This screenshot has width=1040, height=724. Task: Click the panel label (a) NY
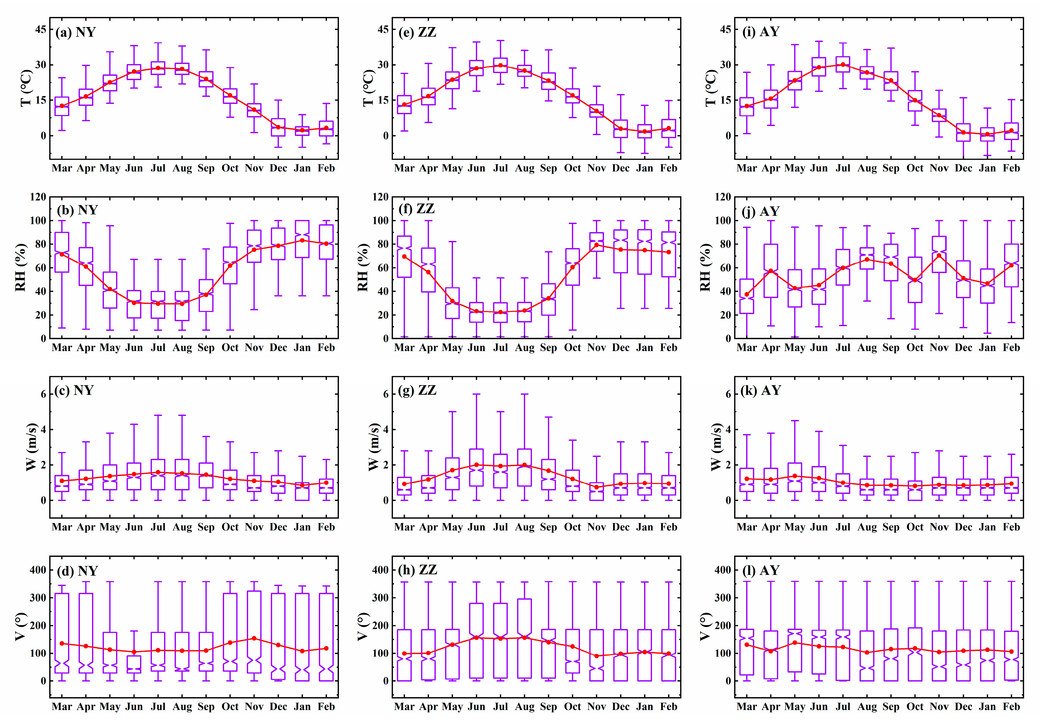click(75, 32)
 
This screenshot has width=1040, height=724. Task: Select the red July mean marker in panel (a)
click(158, 68)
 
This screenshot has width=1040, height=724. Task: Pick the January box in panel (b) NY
click(302, 239)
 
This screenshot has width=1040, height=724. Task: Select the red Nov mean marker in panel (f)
click(597, 245)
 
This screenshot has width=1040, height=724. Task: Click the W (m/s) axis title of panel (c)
click(31, 447)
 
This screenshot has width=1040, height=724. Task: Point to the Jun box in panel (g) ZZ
click(476, 467)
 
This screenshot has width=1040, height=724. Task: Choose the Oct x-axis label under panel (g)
click(572, 527)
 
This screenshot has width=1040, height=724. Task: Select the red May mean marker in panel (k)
click(795, 476)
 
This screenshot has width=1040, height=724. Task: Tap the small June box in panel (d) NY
click(134, 664)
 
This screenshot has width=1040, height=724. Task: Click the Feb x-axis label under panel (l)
click(1011, 707)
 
